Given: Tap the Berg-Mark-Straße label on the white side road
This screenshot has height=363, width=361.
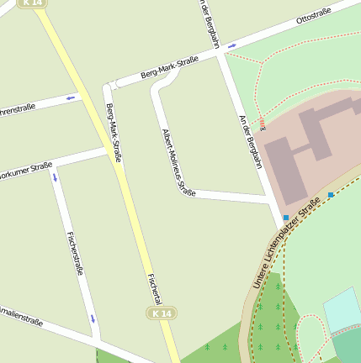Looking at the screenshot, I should (169, 67).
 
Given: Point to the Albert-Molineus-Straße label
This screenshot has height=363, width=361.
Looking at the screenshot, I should (177, 162).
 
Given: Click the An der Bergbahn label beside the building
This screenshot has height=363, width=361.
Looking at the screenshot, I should (251, 141).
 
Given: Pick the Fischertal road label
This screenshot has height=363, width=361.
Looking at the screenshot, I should (154, 288).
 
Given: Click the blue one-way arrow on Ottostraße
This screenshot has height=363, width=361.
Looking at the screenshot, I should (232, 46).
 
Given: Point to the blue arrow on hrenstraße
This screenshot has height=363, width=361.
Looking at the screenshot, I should (71, 97).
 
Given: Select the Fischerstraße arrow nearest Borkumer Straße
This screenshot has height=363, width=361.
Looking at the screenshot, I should (56, 177).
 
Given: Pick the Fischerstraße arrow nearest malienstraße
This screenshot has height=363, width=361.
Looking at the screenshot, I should (93, 320).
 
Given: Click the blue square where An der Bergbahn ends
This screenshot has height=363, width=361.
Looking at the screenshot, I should (286, 218).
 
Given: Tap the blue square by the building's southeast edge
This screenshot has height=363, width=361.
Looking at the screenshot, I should (331, 195).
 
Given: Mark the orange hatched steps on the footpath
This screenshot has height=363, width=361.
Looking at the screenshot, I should (263, 124).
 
